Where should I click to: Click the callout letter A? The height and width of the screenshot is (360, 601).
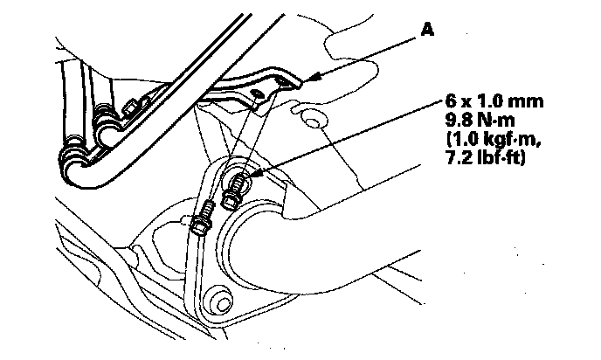pyautogui.click(x=428, y=29)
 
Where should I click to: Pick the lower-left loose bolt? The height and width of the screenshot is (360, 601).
pyautogui.click(x=200, y=220)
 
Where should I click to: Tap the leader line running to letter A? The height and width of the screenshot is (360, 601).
pyautogui.click(x=367, y=54)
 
